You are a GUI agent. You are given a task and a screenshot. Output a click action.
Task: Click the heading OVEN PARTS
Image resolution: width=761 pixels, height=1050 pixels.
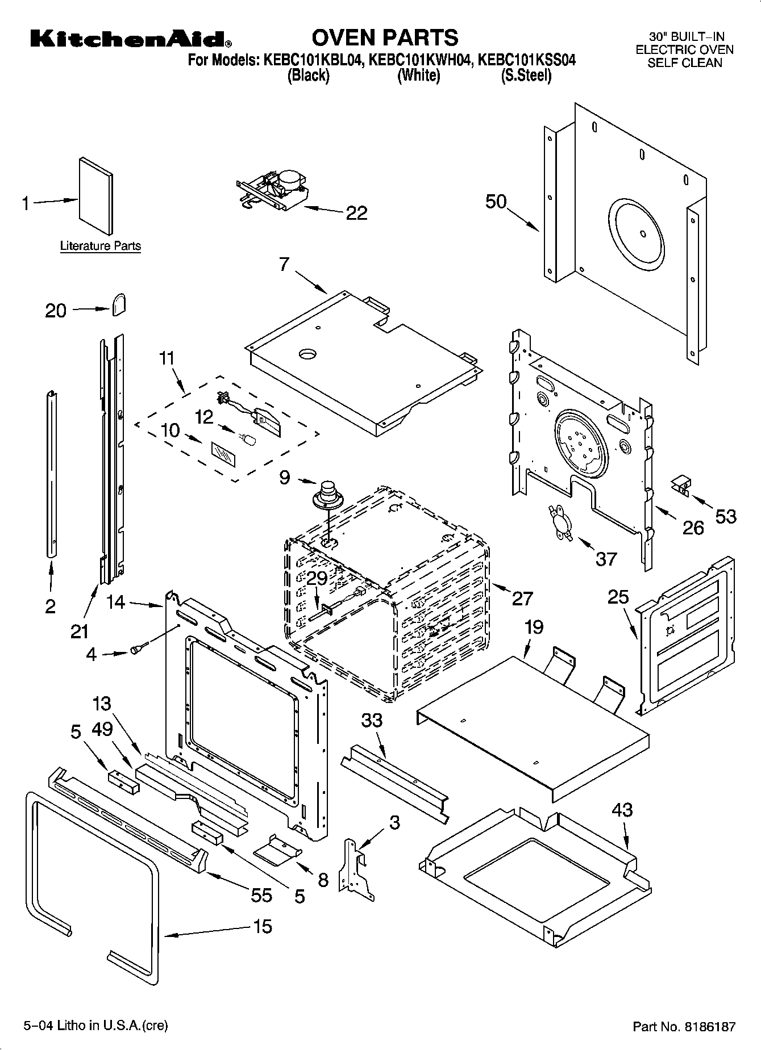click(384, 37)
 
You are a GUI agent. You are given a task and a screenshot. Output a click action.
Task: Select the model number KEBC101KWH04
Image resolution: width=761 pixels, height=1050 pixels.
click(420, 60)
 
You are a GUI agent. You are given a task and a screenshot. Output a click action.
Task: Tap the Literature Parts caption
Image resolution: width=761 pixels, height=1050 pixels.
click(101, 246)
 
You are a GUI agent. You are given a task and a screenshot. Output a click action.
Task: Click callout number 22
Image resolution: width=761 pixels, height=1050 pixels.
click(356, 213)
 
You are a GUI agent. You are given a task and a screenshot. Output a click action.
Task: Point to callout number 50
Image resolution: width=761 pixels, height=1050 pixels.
click(496, 202)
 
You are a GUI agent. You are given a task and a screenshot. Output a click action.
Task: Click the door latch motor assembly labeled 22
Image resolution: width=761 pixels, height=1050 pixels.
click(273, 189)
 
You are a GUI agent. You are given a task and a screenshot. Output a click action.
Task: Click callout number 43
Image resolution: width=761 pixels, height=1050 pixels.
click(622, 810)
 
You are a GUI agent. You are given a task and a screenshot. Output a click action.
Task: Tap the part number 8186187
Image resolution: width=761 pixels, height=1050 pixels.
click(710, 1026)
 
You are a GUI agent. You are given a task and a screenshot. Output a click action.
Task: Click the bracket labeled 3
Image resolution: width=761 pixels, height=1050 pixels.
click(355, 872)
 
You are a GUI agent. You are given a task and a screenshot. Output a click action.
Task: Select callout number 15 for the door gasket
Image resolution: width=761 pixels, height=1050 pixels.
click(262, 926)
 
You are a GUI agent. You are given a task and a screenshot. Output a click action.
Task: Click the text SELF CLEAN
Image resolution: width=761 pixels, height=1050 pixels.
click(684, 63)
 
